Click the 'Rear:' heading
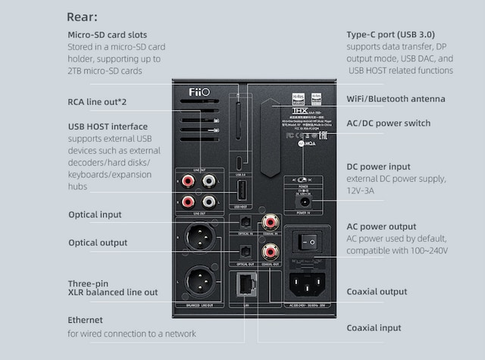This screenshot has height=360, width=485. click(82, 17)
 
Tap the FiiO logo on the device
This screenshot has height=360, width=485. click(199, 92)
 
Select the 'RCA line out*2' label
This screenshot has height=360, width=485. click(97, 102)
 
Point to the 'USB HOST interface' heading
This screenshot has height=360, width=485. click(108, 126)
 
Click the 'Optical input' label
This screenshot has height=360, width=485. click(95, 214)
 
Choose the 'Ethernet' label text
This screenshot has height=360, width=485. click(85, 320)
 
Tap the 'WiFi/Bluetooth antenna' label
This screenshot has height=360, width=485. click(396, 99)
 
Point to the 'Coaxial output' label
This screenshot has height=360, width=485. click(377, 291)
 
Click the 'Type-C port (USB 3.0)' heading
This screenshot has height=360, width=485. click(391, 35)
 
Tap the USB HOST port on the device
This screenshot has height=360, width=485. click(239, 190)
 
